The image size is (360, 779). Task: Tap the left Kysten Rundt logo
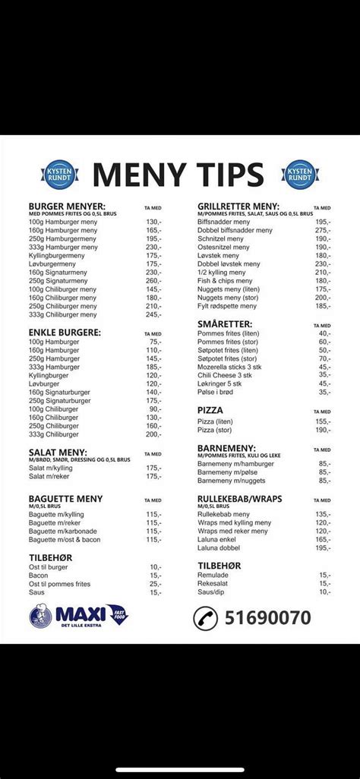click(x=58, y=174)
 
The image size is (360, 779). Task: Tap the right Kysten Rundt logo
click(x=300, y=174)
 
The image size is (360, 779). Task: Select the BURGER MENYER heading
click(x=67, y=206)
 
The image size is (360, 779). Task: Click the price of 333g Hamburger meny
click(x=153, y=247)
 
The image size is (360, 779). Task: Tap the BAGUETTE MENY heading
click(x=65, y=499)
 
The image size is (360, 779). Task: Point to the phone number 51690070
click(x=267, y=617)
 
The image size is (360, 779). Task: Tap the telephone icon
click(x=204, y=617)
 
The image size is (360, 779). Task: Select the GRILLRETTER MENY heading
click(x=238, y=206)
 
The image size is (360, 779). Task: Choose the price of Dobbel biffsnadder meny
click(x=324, y=230)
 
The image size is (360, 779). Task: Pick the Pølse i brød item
click(x=221, y=392)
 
